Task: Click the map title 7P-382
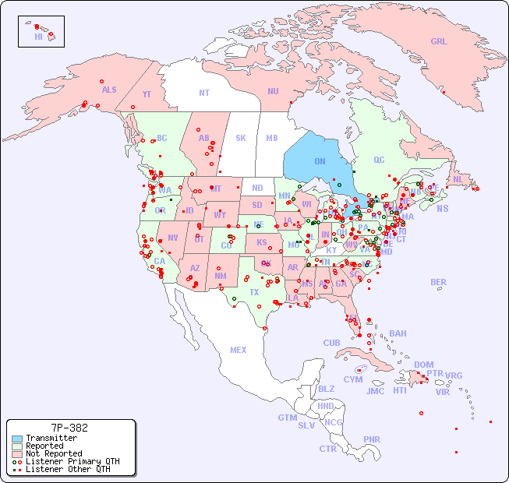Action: click(x=69, y=428)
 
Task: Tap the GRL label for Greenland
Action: click(x=439, y=42)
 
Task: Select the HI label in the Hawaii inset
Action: click(x=38, y=36)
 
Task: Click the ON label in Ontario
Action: click(x=320, y=161)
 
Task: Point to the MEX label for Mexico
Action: click(x=239, y=350)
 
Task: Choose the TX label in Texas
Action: click(x=254, y=292)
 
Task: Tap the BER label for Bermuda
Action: click(x=438, y=282)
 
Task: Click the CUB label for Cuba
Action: click(x=331, y=343)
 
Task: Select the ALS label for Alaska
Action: click(x=109, y=90)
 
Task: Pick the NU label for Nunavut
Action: click(x=273, y=91)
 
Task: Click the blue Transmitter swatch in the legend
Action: click(x=16, y=439)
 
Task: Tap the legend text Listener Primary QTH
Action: click(x=72, y=461)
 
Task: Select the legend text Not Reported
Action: click(x=54, y=453)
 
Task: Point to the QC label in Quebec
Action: click(x=379, y=160)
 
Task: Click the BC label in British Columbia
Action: click(x=162, y=138)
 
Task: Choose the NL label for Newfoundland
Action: click(x=458, y=179)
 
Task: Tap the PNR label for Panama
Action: click(x=372, y=439)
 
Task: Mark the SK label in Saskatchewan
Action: click(x=241, y=138)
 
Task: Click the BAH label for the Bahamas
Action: click(x=398, y=333)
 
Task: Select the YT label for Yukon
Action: click(x=147, y=94)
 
